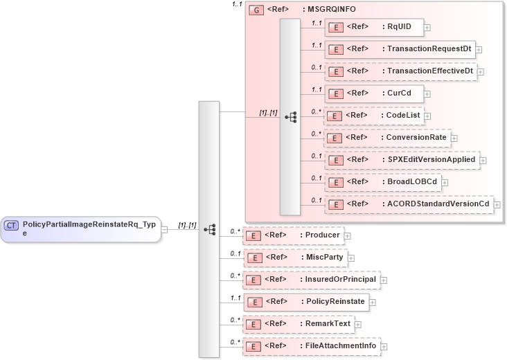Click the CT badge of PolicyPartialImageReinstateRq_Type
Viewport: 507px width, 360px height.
tap(12, 225)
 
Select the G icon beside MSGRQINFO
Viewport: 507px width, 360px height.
tap(256, 11)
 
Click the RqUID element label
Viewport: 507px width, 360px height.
tap(398, 27)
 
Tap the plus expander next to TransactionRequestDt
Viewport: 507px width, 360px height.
tap(479, 50)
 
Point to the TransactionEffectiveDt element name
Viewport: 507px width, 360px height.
tap(429, 71)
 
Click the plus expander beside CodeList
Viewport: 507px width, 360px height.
tap(428, 116)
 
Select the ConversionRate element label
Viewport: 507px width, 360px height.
tap(416, 138)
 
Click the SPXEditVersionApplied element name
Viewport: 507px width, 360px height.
tap(431, 160)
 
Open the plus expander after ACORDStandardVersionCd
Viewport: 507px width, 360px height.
tap(497, 205)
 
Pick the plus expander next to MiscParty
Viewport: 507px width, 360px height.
tap(350, 258)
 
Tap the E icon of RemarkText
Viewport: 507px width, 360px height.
tap(254, 324)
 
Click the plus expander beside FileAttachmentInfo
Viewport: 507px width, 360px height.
tap(384, 346)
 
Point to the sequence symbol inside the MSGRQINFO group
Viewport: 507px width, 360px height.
tap(290, 117)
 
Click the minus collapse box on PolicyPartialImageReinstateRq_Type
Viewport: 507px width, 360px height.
tap(164, 229)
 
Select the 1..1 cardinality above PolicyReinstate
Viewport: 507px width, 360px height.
tap(235, 297)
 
